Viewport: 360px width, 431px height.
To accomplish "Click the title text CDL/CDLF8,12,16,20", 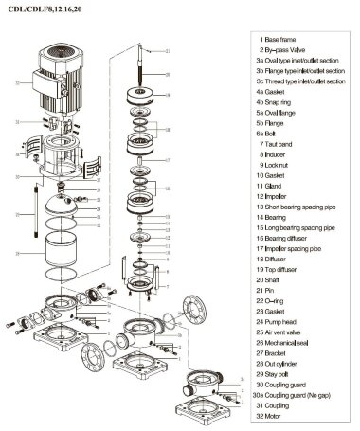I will point(40,9).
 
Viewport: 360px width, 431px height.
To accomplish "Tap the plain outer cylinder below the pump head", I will point(67,255).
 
